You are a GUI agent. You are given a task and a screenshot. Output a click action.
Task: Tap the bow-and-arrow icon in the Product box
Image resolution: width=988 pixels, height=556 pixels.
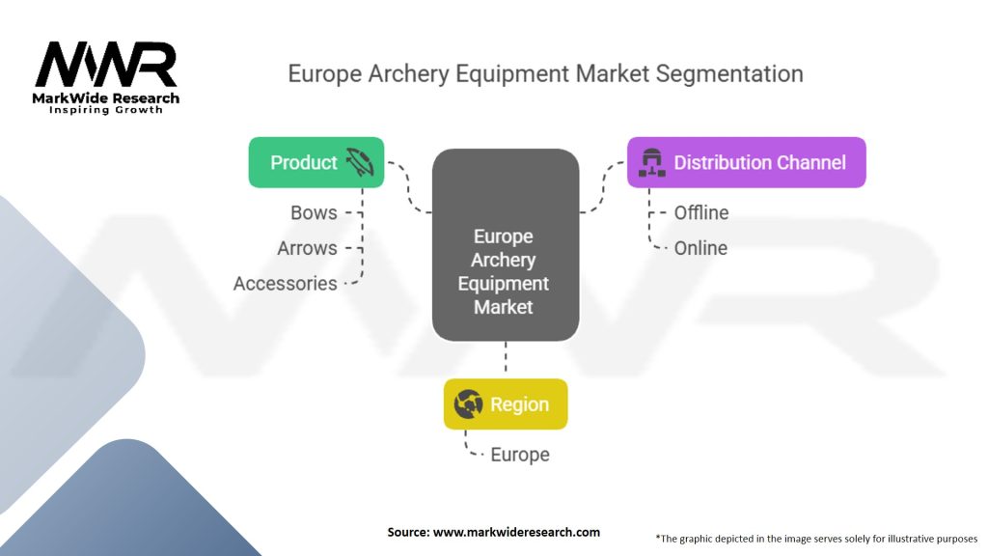360,162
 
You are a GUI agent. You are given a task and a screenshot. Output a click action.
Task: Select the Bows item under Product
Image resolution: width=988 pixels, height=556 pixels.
314,212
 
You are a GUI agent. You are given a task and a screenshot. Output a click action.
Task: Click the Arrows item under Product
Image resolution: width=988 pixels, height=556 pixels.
307,248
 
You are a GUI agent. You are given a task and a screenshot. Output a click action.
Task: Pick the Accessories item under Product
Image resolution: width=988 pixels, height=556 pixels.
285,283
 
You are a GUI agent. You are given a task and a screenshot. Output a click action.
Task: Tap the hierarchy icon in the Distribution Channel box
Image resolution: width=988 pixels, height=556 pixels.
651,162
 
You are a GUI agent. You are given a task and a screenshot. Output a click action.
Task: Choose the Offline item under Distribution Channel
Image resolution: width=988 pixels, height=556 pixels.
701,212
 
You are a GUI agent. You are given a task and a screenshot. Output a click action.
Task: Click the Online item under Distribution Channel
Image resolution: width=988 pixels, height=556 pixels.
700,248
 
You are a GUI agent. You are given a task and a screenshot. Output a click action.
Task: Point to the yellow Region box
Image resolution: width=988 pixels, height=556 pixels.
505,404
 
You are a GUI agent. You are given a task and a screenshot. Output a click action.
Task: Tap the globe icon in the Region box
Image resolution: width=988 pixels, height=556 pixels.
469,404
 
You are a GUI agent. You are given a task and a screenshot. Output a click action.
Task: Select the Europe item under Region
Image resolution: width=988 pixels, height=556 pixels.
519,454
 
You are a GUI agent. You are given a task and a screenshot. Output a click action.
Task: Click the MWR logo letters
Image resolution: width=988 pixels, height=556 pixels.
106,66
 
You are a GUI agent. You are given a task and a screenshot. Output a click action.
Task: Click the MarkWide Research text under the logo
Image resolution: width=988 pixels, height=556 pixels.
106,98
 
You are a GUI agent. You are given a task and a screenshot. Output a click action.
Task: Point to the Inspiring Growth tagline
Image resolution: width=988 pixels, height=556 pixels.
106,111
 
